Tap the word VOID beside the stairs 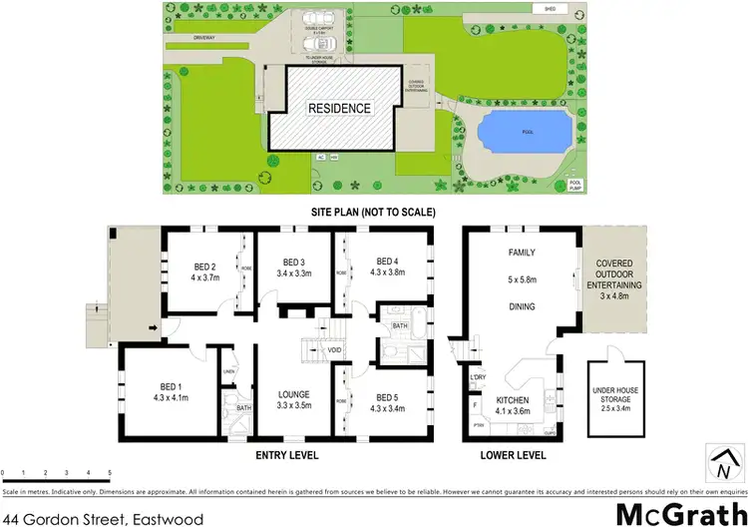click(x=334, y=351)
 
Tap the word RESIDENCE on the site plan click(x=338, y=108)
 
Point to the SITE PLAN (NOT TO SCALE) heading click(x=372, y=213)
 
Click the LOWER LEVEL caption click(x=512, y=454)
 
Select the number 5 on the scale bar click(x=109, y=470)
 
